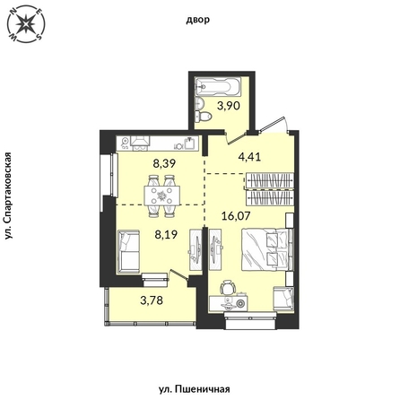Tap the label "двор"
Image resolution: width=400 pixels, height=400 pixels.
click(x=198, y=20)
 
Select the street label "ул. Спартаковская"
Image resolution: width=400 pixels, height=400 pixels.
click(x=9, y=196)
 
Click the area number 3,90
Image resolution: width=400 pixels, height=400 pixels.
click(x=229, y=106)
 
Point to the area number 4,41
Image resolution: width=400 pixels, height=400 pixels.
click(x=249, y=156)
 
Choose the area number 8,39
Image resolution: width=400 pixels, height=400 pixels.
click(x=163, y=163)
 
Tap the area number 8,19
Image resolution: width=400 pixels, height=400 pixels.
click(x=166, y=235)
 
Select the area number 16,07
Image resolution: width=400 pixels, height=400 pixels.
click(x=236, y=215)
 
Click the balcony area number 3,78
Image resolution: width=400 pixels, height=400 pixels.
click(x=152, y=300)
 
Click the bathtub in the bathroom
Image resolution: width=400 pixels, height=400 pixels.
click(x=217, y=87)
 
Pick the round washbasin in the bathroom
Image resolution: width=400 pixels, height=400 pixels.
click(x=199, y=103)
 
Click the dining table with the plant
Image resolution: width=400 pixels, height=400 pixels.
click(x=161, y=196)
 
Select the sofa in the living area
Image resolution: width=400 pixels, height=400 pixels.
click(x=128, y=251)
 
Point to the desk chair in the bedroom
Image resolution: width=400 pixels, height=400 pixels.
click(x=228, y=287)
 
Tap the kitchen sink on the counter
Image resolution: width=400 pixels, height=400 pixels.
click(x=190, y=143)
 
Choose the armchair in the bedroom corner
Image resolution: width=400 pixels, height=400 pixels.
click(x=283, y=299)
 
